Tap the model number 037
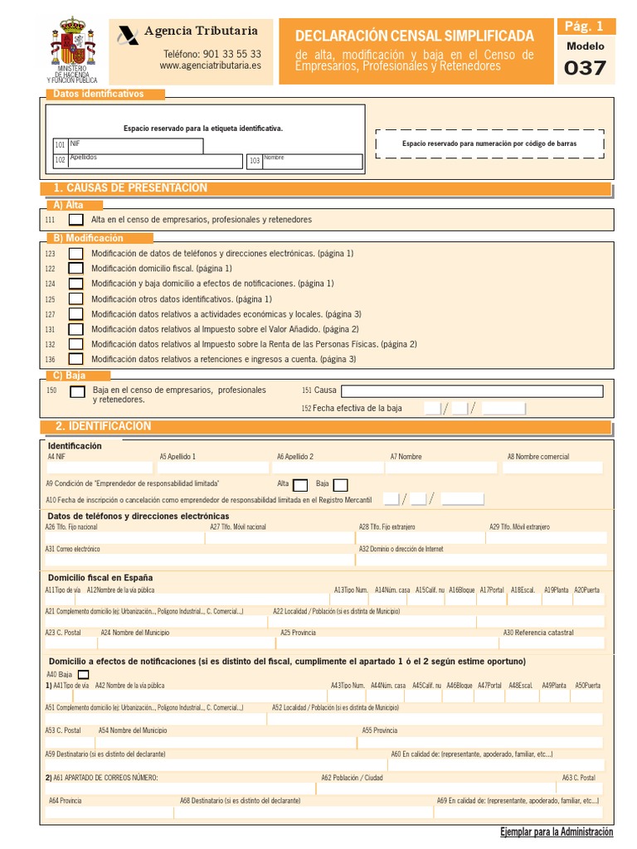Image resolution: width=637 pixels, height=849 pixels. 585,68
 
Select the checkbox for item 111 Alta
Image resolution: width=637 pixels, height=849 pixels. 75,220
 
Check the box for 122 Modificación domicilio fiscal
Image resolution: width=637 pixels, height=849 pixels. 75,269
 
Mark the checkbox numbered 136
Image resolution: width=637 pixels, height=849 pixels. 75,359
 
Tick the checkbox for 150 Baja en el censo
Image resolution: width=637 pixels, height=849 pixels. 77,391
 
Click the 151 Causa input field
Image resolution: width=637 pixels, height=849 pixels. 472,391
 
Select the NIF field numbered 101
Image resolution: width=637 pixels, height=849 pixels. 136,146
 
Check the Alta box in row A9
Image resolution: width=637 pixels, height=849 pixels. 300,485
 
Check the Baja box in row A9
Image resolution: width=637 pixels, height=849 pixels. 340,485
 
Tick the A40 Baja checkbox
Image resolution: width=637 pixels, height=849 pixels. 82,675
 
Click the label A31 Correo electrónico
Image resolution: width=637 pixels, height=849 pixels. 73,549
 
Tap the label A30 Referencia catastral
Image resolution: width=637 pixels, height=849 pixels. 537,633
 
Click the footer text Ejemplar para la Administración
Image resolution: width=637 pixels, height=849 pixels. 557,832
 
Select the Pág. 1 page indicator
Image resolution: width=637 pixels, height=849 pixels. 585,27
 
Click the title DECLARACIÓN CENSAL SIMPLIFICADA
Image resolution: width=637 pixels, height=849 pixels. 415,36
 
